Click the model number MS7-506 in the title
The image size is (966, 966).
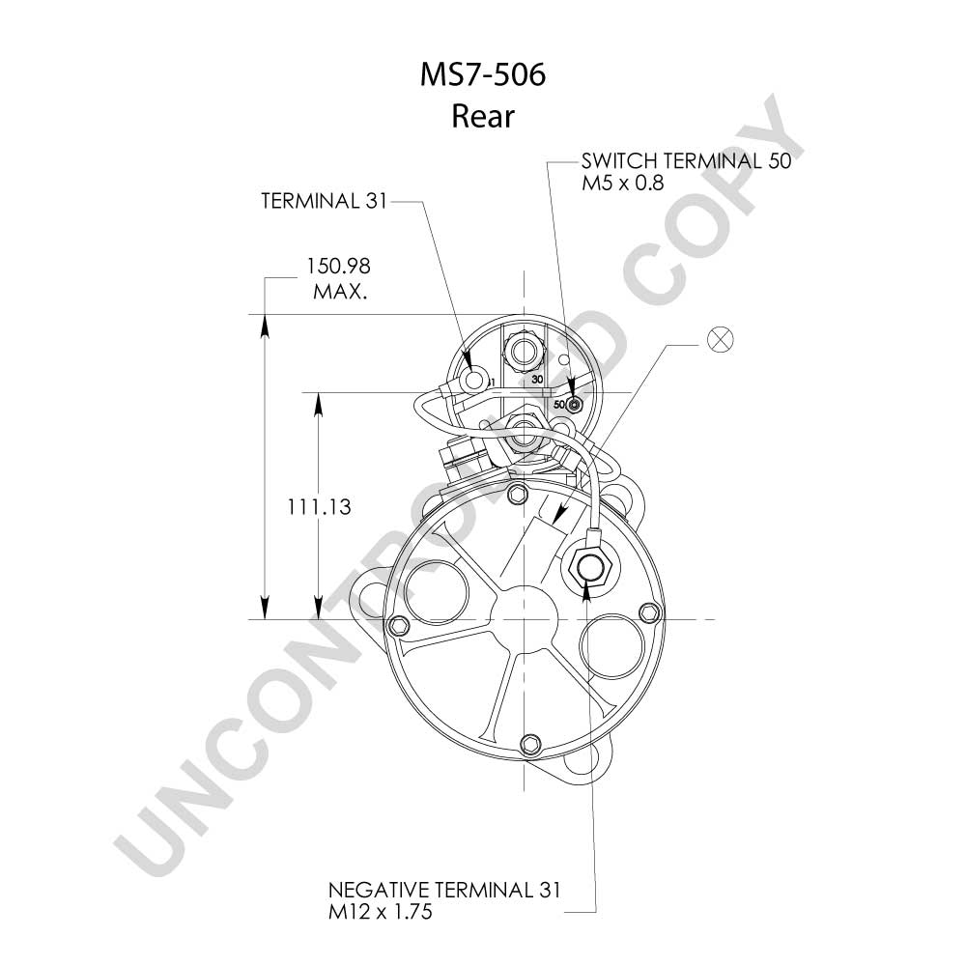[x=483, y=74]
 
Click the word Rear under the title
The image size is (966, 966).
[x=482, y=116]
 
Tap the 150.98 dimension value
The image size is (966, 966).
[x=339, y=267]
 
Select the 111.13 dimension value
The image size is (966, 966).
[x=319, y=507]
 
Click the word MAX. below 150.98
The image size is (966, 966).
[x=340, y=291]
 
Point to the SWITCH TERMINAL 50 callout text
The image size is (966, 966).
[x=686, y=160]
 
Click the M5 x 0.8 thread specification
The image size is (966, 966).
[x=623, y=183]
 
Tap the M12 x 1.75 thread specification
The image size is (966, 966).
[x=380, y=911]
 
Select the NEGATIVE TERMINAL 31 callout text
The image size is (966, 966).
[x=444, y=890]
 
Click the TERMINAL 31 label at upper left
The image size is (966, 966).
[x=324, y=201]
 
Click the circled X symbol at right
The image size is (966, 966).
[x=721, y=339]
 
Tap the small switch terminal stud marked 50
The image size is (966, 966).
[x=574, y=405]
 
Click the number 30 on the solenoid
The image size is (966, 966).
[x=537, y=380]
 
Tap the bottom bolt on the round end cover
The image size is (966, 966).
[x=529, y=744]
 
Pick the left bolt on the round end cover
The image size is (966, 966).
[x=400, y=626]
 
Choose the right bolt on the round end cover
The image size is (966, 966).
[x=649, y=612]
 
